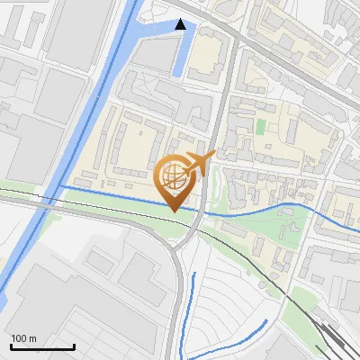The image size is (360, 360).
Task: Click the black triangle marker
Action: [x=181, y=24]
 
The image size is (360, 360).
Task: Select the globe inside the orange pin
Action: [x=174, y=175]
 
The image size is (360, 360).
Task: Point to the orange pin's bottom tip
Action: [x=174, y=211]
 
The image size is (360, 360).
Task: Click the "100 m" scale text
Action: [x=24, y=338]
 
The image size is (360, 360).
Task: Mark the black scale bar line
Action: [x=42, y=347]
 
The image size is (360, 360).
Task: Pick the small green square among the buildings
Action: [x=261, y=128]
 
